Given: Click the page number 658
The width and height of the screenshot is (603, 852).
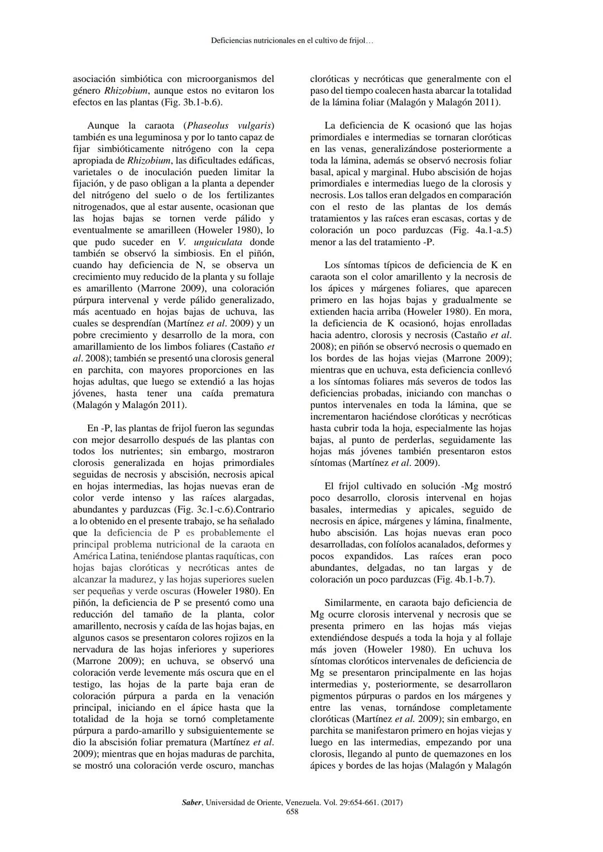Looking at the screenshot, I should point(292,812).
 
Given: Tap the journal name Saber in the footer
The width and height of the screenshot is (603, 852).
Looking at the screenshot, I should point(192,802).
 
